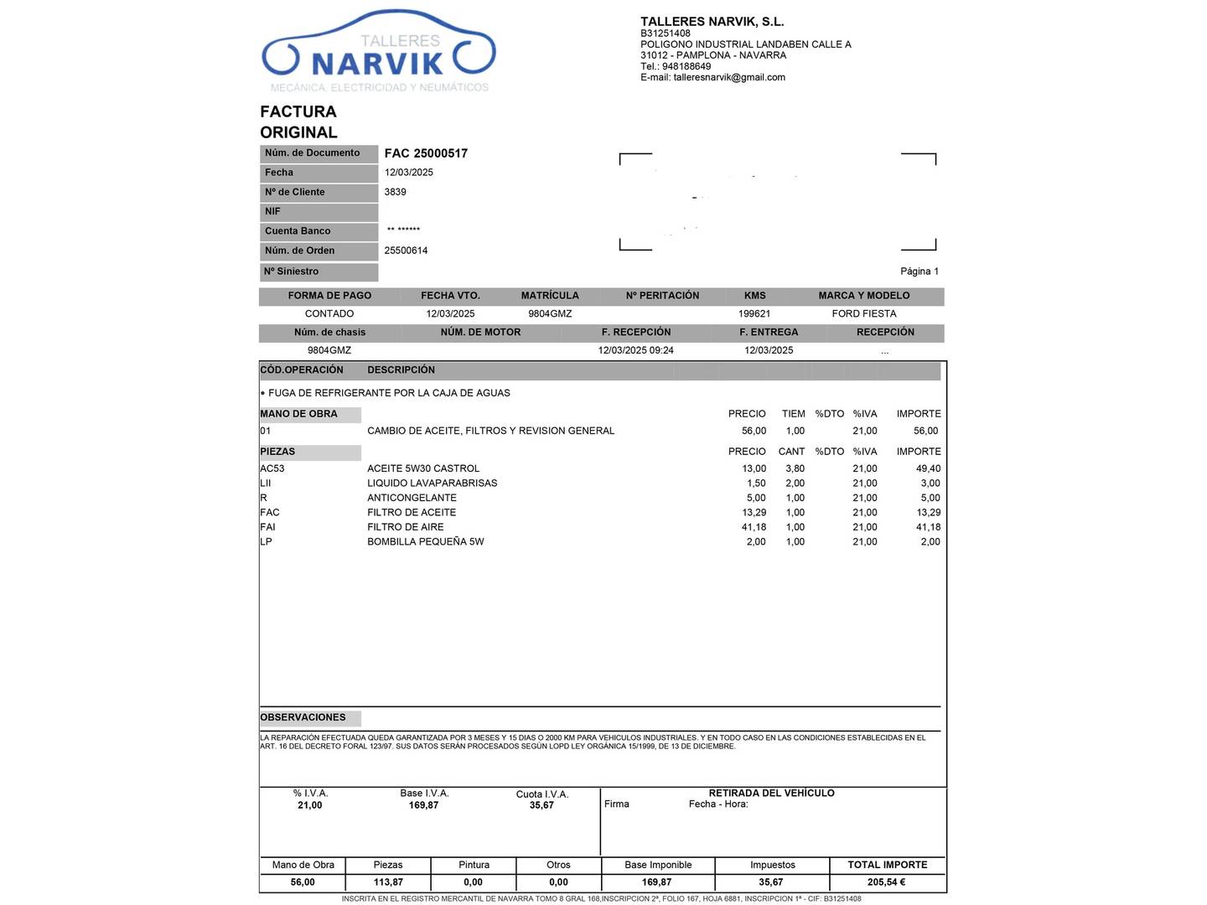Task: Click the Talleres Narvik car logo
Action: pos(379,53)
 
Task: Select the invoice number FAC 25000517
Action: pos(426,153)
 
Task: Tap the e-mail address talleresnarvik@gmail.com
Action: pos(729,77)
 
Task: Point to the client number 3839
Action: pos(395,192)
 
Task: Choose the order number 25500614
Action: pos(406,251)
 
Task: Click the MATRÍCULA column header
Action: pos(550,296)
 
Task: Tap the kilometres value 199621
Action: pos(754,313)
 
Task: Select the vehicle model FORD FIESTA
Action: pos(864,313)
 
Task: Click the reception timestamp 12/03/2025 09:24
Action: pos(635,350)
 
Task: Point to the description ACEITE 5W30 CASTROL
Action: pos(423,468)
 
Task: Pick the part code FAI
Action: pos(268,527)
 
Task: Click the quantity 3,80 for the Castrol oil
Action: pos(795,468)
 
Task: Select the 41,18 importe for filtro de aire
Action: pos(928,527)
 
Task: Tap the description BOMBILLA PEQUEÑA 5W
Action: pos(426,541)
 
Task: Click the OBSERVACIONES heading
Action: pos(303,717)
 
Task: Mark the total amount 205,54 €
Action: pos(887,882)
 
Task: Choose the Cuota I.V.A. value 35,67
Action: pos(541,805)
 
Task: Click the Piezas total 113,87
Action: pos(388,882)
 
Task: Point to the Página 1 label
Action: pos(919,271)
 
